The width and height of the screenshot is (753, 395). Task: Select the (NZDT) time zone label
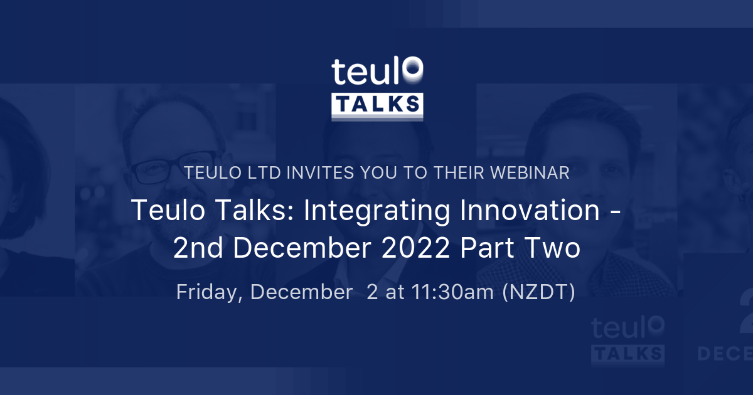point(538,293)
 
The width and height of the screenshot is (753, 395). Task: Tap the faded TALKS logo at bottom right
point(627,353)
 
